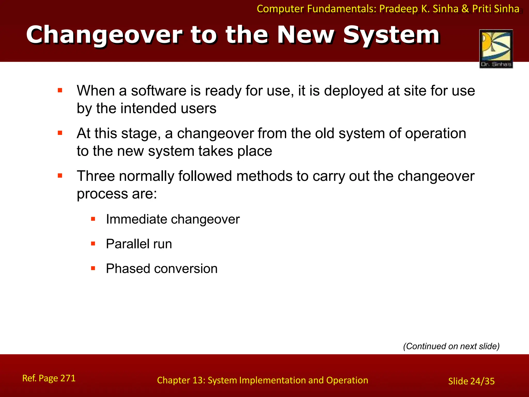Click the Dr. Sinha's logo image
[496, 49]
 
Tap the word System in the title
[391, 35]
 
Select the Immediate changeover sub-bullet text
[173, 219]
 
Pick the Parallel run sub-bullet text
[139, 244]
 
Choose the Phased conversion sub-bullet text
[161, 269]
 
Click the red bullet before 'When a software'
[60, 90]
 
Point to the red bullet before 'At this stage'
[60, 133]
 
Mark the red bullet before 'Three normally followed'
[60, 176]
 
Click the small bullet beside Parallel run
[93, 243]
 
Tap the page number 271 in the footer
[68, 378]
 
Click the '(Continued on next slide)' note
[451, 346]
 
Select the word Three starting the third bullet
[96, 176]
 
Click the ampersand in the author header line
[465, 9]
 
